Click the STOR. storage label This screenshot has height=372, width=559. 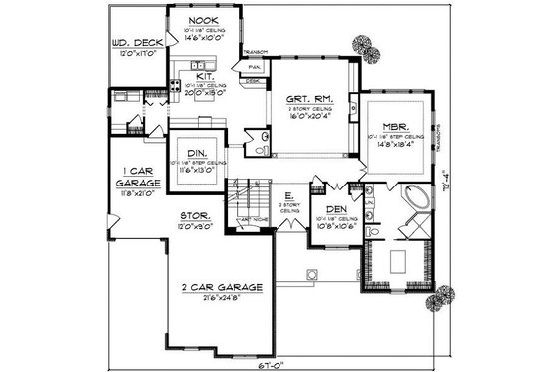tap(192, 215)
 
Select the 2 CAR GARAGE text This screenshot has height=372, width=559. tap(223, 287)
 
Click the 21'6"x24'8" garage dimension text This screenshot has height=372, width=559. tap(223, 298)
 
